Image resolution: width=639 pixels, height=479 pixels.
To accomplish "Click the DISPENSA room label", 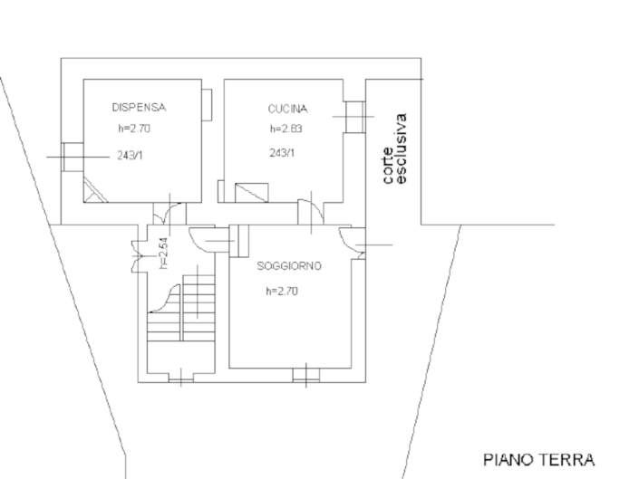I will coord(139,107).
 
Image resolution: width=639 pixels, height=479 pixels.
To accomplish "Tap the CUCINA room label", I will coord(287,109).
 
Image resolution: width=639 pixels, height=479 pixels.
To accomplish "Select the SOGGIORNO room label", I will coord(289,266).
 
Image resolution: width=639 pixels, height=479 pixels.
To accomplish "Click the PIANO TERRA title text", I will coord(538,459).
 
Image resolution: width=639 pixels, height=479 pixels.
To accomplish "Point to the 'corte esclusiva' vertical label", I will coord(394,149).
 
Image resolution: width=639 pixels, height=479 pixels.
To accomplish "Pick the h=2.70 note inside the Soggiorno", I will coord(282,291).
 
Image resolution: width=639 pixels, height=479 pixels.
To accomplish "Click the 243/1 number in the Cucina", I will coord(282,153).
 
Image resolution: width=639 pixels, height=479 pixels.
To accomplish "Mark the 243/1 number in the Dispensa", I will coord(131,156).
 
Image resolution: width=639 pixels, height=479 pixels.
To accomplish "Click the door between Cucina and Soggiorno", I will coord(311,210).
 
